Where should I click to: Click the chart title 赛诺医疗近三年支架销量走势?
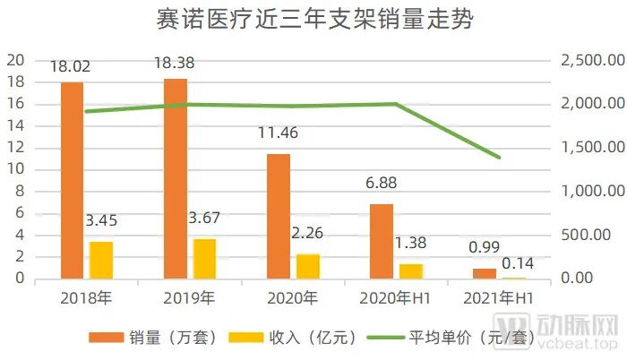point(313,20)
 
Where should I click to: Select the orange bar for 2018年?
point(72,180)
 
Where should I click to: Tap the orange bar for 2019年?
point(176,178)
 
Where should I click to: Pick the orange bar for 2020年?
point(279,216)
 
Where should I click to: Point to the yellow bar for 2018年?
point(101,260)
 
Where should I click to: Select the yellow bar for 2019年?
point(205,259)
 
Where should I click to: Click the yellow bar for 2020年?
point(308,266)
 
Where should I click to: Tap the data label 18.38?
point(176,64)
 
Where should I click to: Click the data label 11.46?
point(279,134)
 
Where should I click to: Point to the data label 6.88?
point(382,184)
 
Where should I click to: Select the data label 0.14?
point(515,261)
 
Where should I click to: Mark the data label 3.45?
point(101,220)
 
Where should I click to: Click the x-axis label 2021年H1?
point(499,296)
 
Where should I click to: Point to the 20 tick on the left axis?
point(15,60)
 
